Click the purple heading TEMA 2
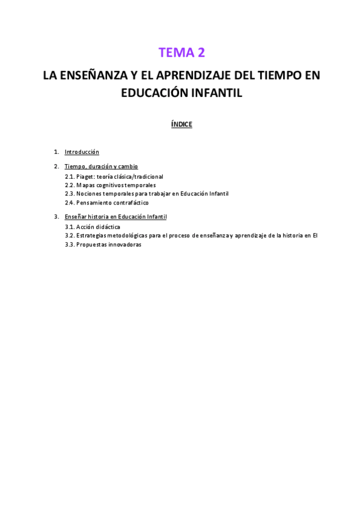point(182,53)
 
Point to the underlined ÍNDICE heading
point(182,124)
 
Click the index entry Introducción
point(82,152)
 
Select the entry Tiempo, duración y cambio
point(101,166)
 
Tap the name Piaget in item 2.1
point(85,177)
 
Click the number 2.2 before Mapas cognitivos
point(69,185)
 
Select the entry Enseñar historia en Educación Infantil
point(115,217)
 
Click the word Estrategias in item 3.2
point(91,236)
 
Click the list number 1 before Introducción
point(55,152)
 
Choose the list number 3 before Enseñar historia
point(55,217)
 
